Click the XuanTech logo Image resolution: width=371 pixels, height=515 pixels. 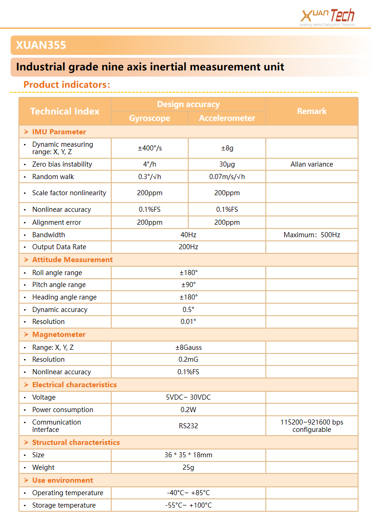[327, 17]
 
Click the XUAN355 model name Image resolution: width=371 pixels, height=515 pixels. [41, 45]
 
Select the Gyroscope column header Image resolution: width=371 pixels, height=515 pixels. [150, 118]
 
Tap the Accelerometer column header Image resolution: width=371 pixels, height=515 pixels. [227, 118]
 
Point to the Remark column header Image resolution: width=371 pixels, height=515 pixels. [312, 111]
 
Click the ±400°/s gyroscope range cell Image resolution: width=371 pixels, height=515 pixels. [150, 148]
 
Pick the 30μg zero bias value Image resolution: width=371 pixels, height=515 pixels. [227, 164]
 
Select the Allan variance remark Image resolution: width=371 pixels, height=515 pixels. [312, 164]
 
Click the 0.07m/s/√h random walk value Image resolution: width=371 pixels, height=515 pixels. [227, 177]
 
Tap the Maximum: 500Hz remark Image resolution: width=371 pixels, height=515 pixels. [312, 235]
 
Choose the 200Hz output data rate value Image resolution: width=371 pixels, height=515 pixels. [188, 247]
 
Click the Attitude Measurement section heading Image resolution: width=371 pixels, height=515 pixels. [72, 260]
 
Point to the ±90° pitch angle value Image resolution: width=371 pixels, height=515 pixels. [188, 285]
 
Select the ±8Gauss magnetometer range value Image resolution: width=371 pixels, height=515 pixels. [188, 347]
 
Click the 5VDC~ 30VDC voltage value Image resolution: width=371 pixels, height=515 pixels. [188, 397]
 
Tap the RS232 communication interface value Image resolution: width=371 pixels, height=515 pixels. [188, 426]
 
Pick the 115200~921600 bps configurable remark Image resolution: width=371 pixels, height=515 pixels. [312, 426]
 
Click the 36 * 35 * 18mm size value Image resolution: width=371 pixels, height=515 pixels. [188, 455]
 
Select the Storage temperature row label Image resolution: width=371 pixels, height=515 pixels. [64, 505]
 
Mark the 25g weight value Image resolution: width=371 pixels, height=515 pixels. [188, 467]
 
